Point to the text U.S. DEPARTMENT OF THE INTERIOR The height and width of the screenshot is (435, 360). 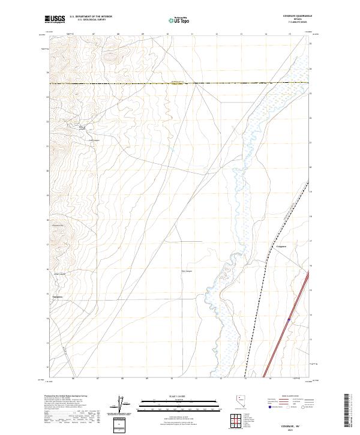click(x=91, y=17)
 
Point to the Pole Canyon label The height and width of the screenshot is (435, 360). click(x=187, y=271)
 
